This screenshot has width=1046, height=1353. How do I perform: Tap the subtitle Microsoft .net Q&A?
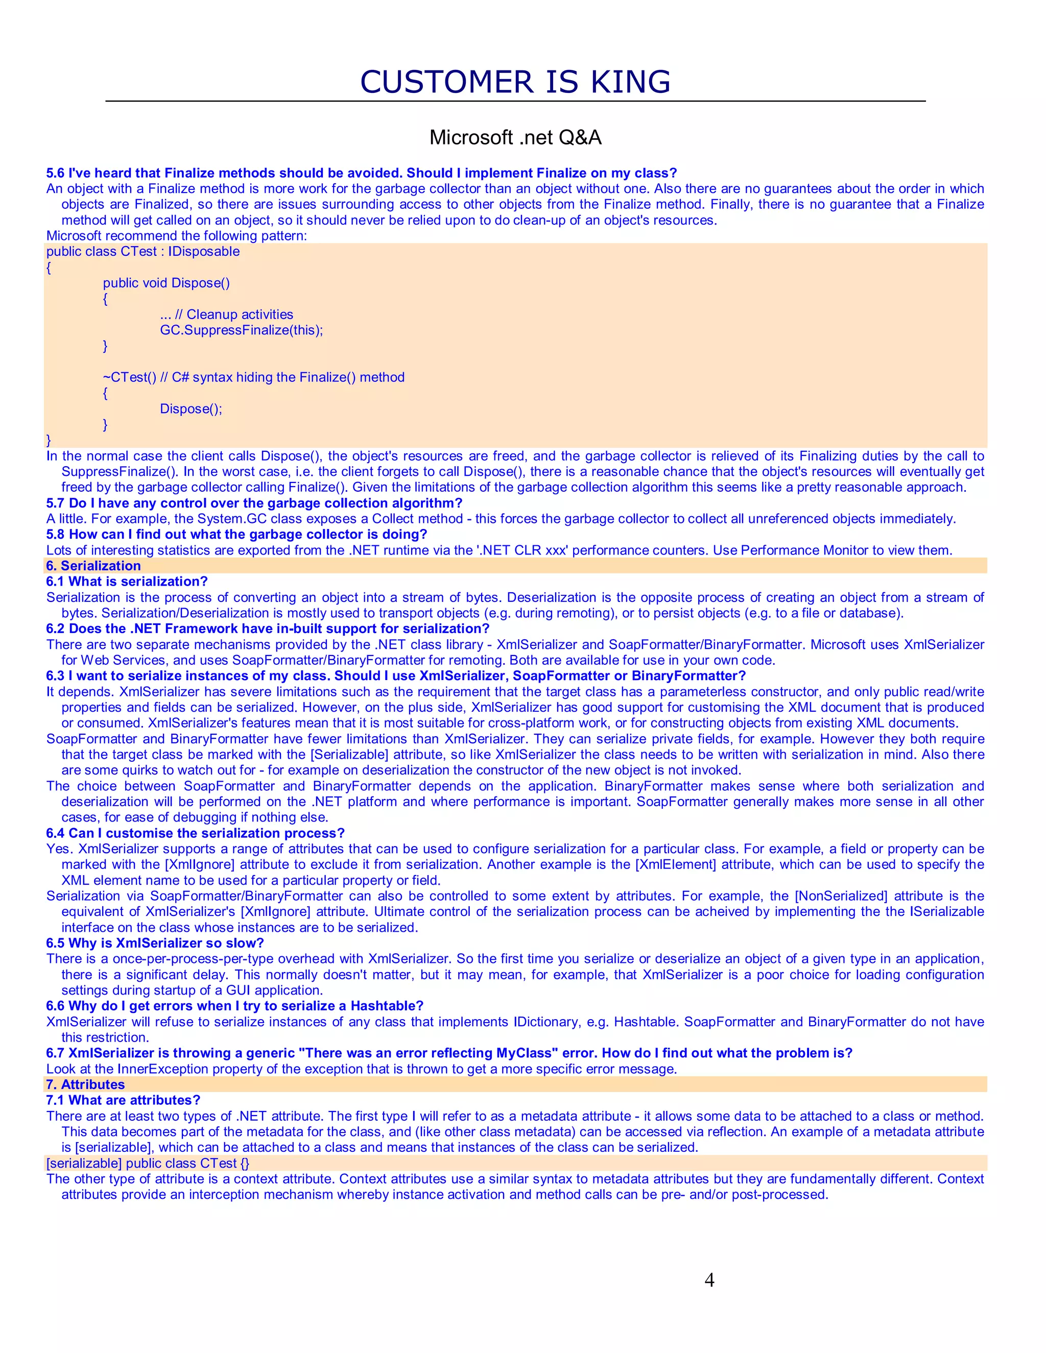tap(515, 137)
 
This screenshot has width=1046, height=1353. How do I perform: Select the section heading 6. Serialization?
tap(93, 566)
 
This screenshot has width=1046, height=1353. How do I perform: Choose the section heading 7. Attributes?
tap(85, 1084)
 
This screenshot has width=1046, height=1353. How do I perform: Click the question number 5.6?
tap(55, 173)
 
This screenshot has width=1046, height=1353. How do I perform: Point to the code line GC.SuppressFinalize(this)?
tap(241, 330)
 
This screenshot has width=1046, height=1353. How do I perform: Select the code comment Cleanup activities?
tap(240, 314)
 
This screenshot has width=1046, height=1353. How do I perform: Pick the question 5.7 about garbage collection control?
tap(254, 502)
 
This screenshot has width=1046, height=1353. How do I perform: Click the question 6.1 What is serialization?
tap(127, 581)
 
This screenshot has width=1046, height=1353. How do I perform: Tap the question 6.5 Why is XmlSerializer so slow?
tap(155, 943)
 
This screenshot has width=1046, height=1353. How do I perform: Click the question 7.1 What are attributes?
tap(123, 1100)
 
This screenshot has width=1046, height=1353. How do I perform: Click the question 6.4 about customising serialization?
tap(195, 833)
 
